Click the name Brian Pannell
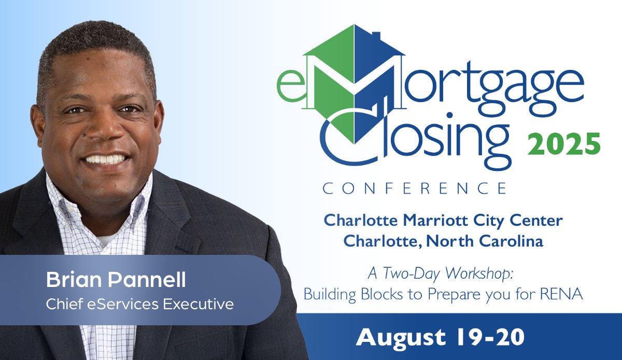click(x=116, y=281)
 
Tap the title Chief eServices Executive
click(x=139, y=304)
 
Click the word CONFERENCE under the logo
click(x=414, y=188)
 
